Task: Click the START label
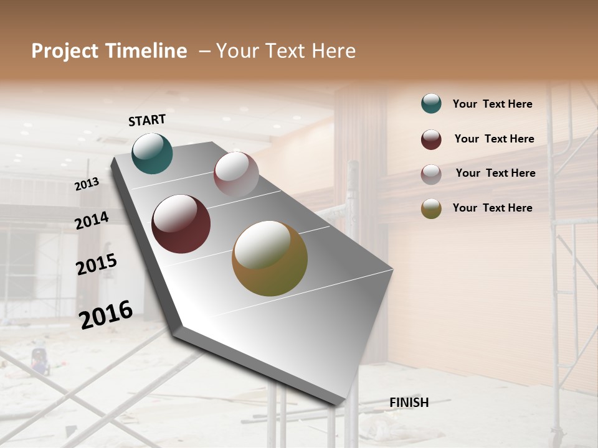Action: coord(147,120)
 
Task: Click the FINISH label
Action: coord(409,403)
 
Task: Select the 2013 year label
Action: coord(87,184)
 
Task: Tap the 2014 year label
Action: coord(92,220)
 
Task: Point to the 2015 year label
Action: coord(96,264)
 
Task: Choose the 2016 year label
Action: coord(106,315)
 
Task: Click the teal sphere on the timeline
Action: coord(152,153)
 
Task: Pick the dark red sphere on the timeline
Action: coord(181,224)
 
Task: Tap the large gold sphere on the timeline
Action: coord(270,258)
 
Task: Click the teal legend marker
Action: coord(431,104)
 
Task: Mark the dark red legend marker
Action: coord(431,139)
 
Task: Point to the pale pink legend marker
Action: coord(431,174)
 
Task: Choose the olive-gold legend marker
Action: coord(431,208)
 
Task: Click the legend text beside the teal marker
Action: coord(492,104)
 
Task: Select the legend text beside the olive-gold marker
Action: coord(492,208)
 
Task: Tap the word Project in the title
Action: coord(65,51)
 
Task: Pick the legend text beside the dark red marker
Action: coord(494,139)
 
